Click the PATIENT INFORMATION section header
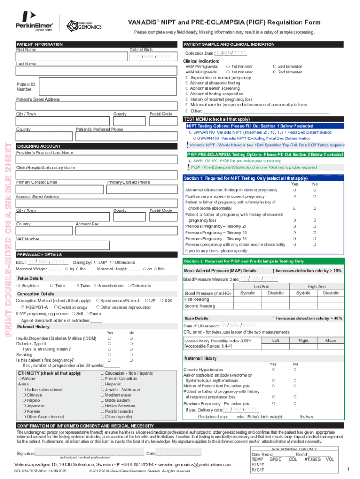tap(40, 44)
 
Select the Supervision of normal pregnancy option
tap(187, 78)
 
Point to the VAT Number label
tap(28, 239)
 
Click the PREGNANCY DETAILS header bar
tap(39, 255)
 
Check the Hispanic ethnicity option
tap(102, 384)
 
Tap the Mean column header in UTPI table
tap(331, 341)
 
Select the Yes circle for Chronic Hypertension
tap(273, 370)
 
